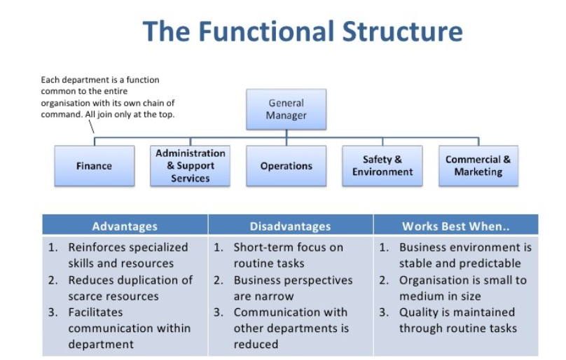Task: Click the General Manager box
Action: pyautogui.click(x=286, y=109)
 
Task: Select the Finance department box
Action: pyautogui.click(x=94, y=166)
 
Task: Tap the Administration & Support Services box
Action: pyautogui.click(x=190, y=166)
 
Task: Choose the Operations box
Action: pyautogui.click(x=286, y=166)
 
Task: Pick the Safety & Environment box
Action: pyautogui.click(x=382, y=166)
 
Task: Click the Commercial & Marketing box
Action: pyautogui.click(x=478, y=166)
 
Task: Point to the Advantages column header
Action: pyautogui.click(x=125, y=226)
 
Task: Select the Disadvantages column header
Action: pyautogui.click(x=290, y=226)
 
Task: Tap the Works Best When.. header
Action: pyautogui.click(x=455, y=226)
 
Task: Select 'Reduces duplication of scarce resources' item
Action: pyautogui.click(x=130, y=288)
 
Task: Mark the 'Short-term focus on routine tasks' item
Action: pyautogui.click(x=288, y=255)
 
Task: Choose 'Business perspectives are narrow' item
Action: pyautogui.click(x=293, y=288)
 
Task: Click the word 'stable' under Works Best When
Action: pyautogui.click(x=417, y=263)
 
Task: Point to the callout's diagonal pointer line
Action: pyautogui.click(x=91, y=127)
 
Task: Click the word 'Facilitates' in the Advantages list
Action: pyautogui.click(x=95, y=312)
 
